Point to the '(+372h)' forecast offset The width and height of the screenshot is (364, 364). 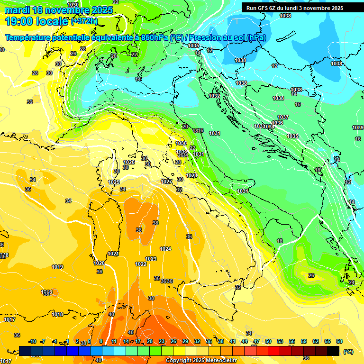pyautogui.click(x=84, y=21)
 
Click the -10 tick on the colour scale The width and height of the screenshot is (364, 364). pyautogui.click(x=32, y=341)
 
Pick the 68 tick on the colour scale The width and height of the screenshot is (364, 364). pyautogui.click(x=339, y=341)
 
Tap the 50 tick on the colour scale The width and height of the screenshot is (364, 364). pyautogui.click(x=268, y=341)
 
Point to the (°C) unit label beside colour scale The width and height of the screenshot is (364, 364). pyautogui.click(x=348, y=352)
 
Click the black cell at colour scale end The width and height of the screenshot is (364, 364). pyautogui.click(x=333, y=351)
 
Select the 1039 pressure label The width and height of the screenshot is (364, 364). pyautogui.click(x=358, y=127)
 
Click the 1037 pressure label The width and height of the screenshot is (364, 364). pyautogui.click(x=283, y=117)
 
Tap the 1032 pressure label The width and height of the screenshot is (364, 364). pyautogui.click(x=214, y=96)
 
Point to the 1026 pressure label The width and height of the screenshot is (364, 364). pyautogui.click(x=129, y=162)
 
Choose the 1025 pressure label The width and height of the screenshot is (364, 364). pyautogui.click(x=114, y=182)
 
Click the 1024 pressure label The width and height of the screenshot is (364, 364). pyautogui.click(x=165, y=249)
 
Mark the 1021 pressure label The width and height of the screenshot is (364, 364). pyautogui.click(x=113, y=254)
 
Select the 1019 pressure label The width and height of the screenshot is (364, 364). pyautogui.click(x=57, y=267)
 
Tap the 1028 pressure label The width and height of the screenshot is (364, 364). pyautogui.click(x=191, y=175)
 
